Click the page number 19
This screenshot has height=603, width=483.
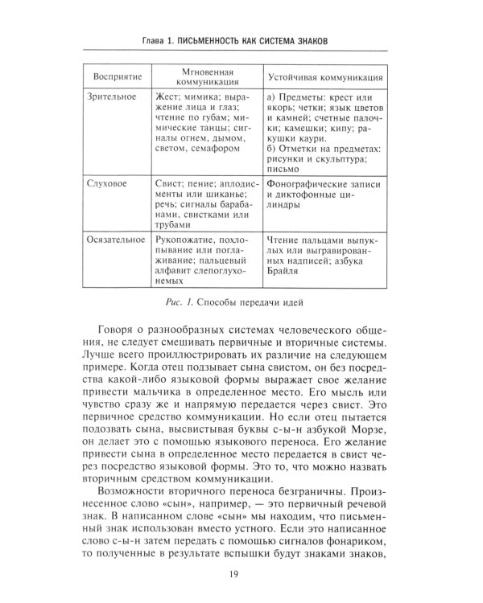coord(242,573)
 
